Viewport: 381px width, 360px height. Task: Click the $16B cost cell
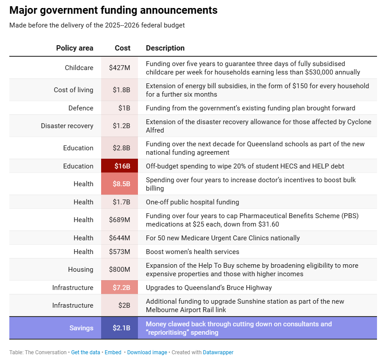coord(119,166)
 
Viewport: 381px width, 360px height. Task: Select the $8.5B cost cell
coord(119,184)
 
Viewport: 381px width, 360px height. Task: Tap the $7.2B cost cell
coord(119,287)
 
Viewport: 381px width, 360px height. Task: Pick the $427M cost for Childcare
coord(119,68)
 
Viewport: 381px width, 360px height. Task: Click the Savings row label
coord(81,328)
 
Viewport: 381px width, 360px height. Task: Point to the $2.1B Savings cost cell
coord(119,328)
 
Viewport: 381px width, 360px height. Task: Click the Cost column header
coord(122,48)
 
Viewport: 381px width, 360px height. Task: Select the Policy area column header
coord(75,48)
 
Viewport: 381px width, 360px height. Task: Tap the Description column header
coord(165,48)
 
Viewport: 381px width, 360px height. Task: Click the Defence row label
coord(81,108)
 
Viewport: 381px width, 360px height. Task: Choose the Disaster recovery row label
coord(67,126)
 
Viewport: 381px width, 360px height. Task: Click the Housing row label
coord(81,270)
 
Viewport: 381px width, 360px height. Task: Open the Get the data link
coord(86,352)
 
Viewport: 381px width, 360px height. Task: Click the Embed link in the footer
coord(113,352)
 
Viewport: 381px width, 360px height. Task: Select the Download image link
coord(147,352)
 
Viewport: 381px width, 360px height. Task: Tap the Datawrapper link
coord(218,352)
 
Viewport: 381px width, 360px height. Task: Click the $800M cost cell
coord(119,270)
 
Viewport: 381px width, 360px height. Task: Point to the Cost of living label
coord(74,90)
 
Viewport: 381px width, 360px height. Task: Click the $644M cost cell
coord(119,238)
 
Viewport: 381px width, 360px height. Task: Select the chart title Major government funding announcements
coord(114,10)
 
